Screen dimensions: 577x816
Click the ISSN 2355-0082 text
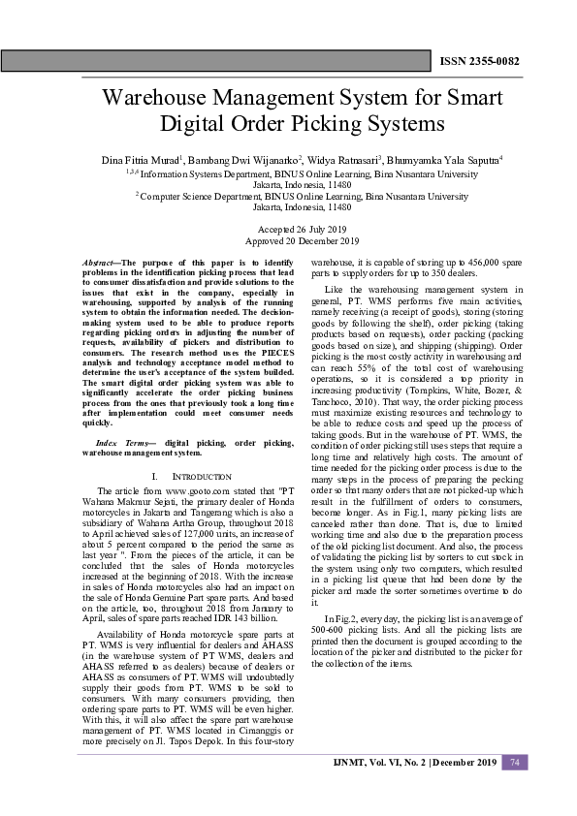tap(479, 61)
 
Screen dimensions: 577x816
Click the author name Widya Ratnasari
tap(343, 159)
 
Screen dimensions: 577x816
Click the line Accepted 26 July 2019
tap(288, 229)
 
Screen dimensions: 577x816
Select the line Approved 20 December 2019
tap(288, 240)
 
